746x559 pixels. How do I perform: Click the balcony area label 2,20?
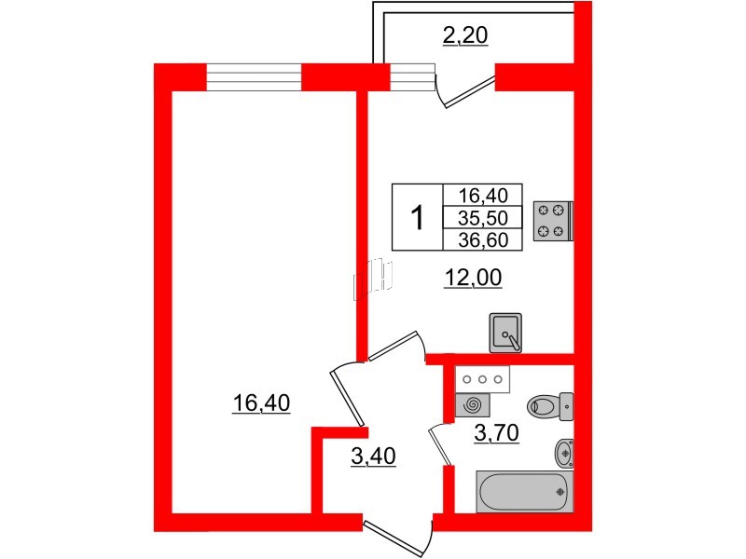pyautogui.click(x=465, y=36)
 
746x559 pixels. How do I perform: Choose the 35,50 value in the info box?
pyautogui.click(x=482, y=218)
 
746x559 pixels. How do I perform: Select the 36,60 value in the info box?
pyautogui.click(x=482, y=239)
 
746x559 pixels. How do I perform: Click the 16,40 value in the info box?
pyautogui.click(x=482, y=196)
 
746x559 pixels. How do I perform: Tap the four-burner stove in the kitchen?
pyautogui.click(x=550, y=221)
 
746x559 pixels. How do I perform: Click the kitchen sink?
pyautogui.click(x=506, y=332)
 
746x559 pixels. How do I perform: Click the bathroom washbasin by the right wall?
pyautogui.click(x=563, y=453)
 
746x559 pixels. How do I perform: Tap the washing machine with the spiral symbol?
pyautogui.click(x=473, y=404)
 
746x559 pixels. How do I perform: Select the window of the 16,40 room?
pyautogui.click(x=254, y=77)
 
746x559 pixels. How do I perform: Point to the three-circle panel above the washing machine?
pyautogui.click(x=481, y=379)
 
